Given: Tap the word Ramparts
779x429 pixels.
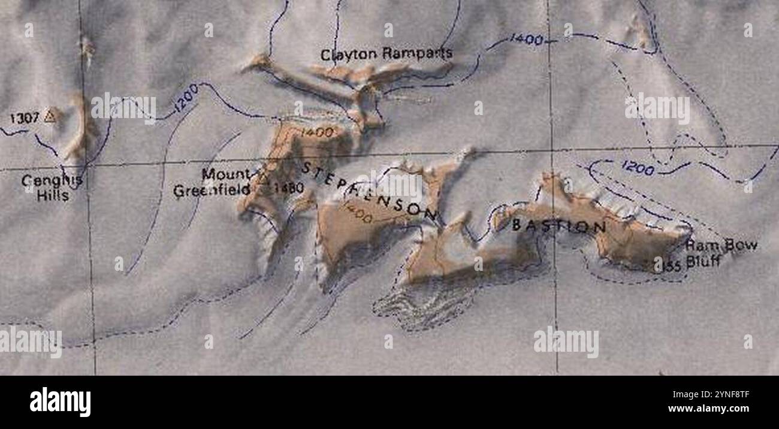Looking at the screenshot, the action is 417,54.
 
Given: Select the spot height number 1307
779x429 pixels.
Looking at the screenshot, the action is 24,117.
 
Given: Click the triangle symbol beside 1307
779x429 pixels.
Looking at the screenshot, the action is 50,116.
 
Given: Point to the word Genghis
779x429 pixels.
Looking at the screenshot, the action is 52,180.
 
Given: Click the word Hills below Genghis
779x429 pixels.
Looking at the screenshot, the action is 52,195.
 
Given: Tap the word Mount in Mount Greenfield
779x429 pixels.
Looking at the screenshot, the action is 225,174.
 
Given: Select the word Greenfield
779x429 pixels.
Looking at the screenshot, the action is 212,191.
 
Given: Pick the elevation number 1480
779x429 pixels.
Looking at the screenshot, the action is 289,188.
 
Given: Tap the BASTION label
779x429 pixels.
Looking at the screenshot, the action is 558,226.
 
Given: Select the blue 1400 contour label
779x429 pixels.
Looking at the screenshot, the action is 526,40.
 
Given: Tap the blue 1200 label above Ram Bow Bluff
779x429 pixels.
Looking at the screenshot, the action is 638,168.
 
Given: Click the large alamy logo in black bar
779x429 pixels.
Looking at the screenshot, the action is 61,401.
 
